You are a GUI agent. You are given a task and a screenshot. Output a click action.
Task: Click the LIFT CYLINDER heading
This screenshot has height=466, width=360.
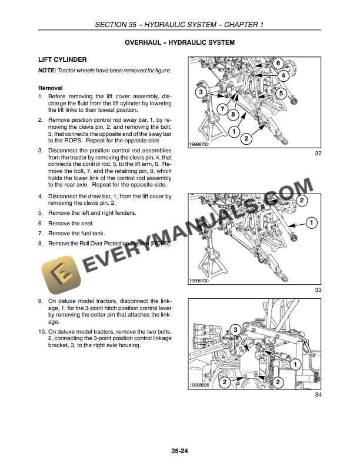click(62, 60)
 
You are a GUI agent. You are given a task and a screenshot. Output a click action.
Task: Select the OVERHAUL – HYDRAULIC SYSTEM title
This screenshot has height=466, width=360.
click(180, 43)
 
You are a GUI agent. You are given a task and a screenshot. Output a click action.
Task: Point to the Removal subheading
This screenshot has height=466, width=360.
click(50, 88)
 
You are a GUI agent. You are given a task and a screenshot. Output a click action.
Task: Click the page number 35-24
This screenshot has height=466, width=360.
click(179, 452)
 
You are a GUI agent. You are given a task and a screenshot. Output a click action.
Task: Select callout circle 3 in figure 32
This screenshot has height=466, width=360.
click(201, 93)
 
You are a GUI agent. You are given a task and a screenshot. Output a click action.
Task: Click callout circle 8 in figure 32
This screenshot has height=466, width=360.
click(233, 114)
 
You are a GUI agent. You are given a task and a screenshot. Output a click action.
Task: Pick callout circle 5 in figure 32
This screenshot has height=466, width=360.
click(281, 93)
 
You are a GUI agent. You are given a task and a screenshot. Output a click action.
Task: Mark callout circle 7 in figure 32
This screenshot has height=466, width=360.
click(222, 109)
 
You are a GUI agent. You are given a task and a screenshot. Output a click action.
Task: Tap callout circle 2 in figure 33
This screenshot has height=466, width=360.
click(301, 201)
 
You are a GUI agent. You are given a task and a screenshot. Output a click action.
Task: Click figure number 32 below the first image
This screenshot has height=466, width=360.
click(318, 154)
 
